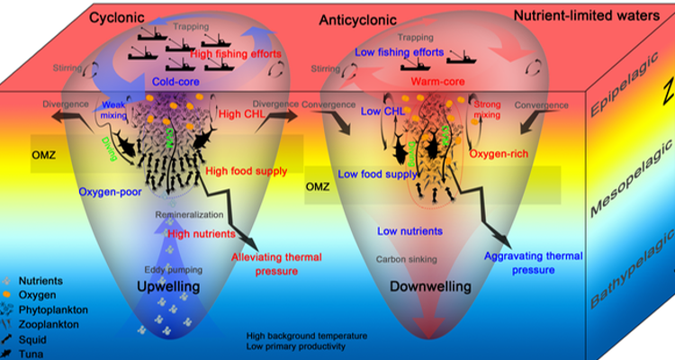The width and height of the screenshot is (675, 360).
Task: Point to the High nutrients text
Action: [x=201, y=233]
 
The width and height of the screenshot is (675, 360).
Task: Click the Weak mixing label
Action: [x=114, y=108]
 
